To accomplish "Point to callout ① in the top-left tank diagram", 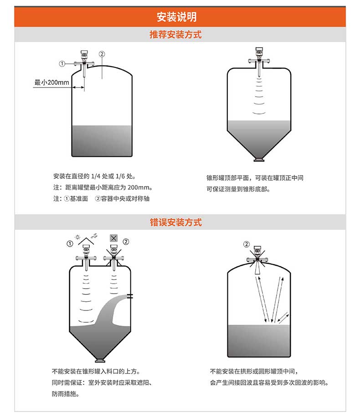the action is click(x=62, y=63).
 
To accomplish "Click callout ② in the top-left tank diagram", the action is click(x=102, y=54).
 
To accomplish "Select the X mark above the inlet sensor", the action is click(x=114, y=238).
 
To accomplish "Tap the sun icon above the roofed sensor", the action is click(x=77, y=238).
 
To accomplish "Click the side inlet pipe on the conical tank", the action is click(x=130, y=296).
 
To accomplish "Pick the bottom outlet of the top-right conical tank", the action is click(x=258, y=160).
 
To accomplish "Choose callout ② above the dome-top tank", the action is click(x=247, y=244).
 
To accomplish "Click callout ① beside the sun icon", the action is click(x=70, y=243).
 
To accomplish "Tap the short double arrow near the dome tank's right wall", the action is click(x=283, y=316).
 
